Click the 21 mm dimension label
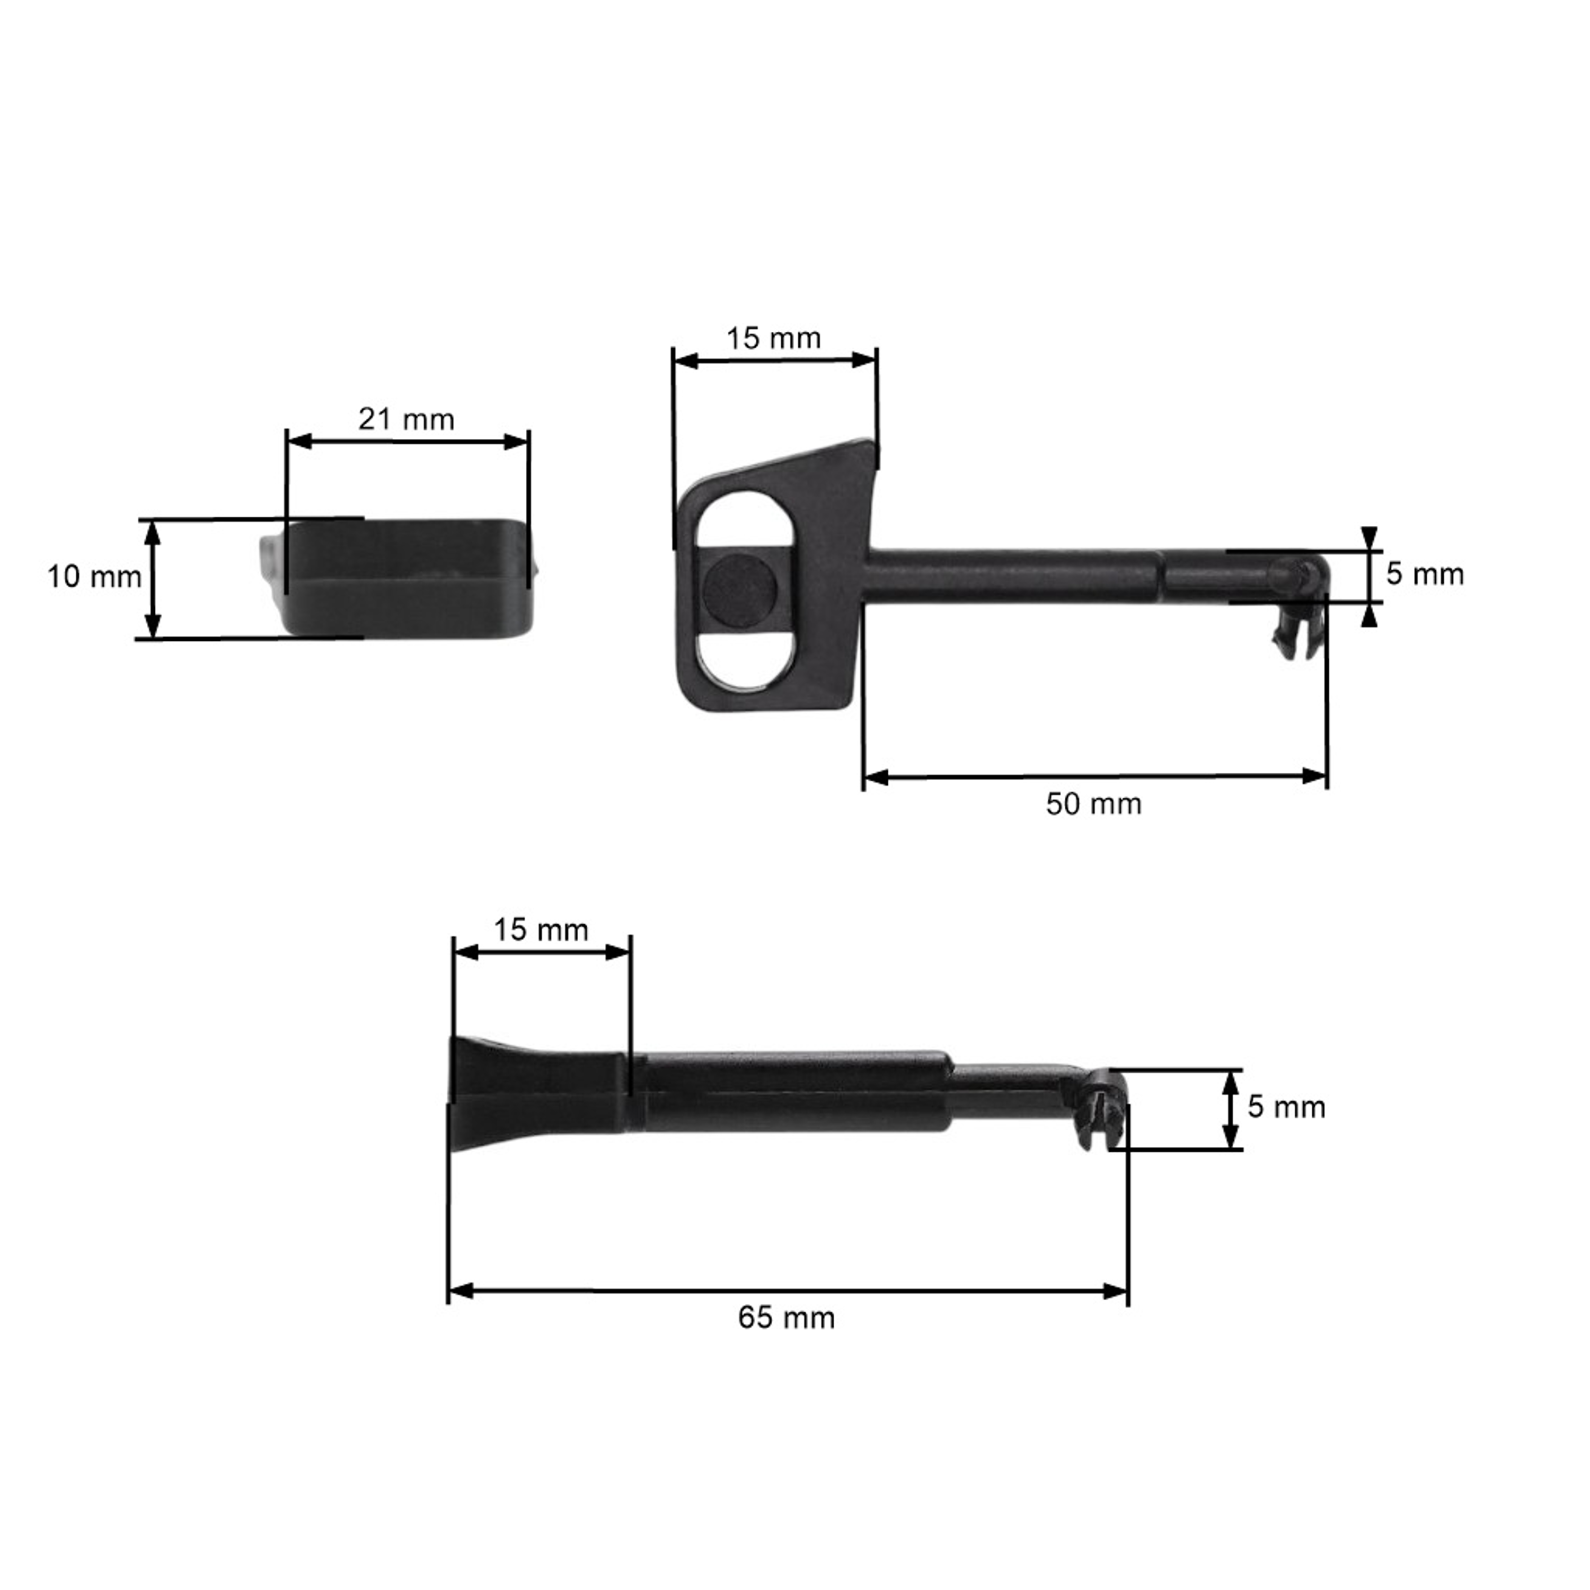[x=407, y=420]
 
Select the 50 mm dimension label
[x=1094, y=804]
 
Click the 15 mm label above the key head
[x=774, y=338]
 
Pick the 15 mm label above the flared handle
[x=541, y=930]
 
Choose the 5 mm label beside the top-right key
[x=1425, y=575]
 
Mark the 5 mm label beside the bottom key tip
[x=1286, y=1107]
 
